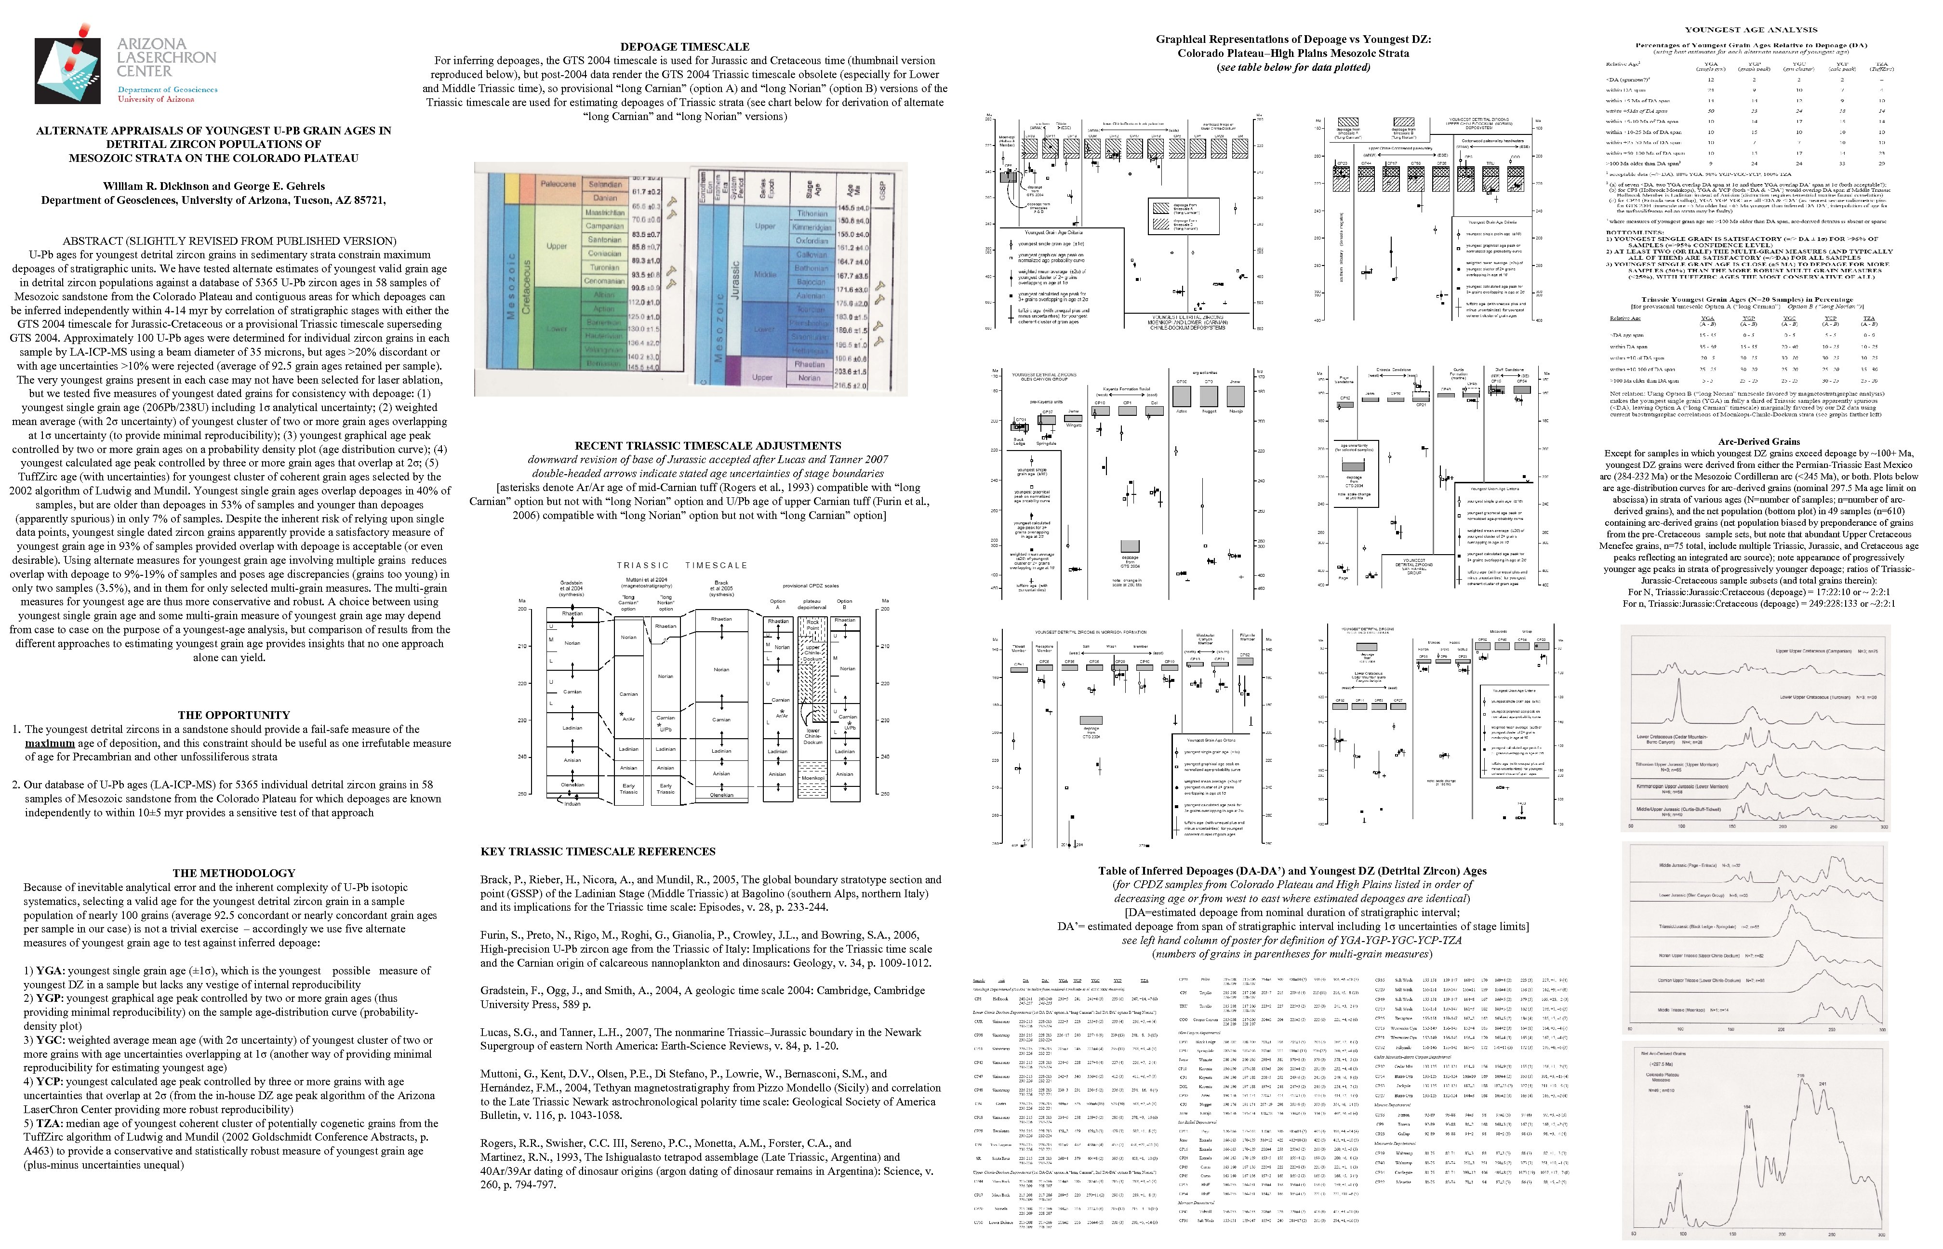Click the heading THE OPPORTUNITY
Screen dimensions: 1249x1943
pyautogui.click(x=234, y=715)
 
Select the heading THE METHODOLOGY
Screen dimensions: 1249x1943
pyautogui.click(x=234, y=873)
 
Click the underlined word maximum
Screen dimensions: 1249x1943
pyautogui.click(x=50, y=743)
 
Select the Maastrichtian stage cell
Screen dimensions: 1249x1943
pyautogui.click(x=604, y=213)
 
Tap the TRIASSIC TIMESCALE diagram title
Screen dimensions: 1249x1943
pyautogui.click(x=681, y=565)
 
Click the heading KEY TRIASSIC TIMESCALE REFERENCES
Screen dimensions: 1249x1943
pyautogui.click(x=598, y=851)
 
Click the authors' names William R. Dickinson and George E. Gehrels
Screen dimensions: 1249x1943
pyautogui.click(x=213, y=186)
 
